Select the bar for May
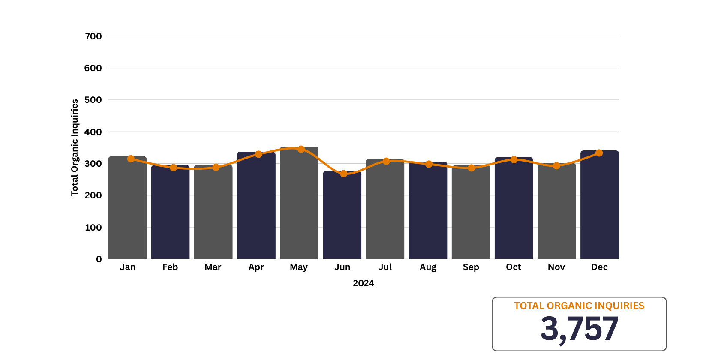pyautogui.click(x=299, y=204)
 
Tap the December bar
pyautogui.click(x=599, y=205)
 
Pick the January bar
pyautogui.click(x=127, y=208)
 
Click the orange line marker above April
pyautogui.click(x=258, y=154)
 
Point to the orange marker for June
pyautogui.click(x=343, y=174)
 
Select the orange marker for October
pyautogui.click(x=514, y=160)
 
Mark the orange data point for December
pyautogui.click(x=599, y=153)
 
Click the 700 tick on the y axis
pyautogui.click(x=93, y=36)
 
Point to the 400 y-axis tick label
pyautogui.click(x=93, y=132)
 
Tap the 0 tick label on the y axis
pyautogui.click(x=99, y=259)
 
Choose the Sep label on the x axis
pyautogui.click(x=471, y=267)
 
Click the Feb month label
pyautogui.click(x=170, y=267)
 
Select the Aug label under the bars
pyautogui.click(x=428, y=267)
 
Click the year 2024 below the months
pyautogui.click(x=363, y=283)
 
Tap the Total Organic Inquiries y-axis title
pyautogui.click(x=75, y=147)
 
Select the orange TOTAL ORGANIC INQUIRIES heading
pyautogui.click(x=579, y=306)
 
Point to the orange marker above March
pyautogui.click(x=216, y=167)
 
